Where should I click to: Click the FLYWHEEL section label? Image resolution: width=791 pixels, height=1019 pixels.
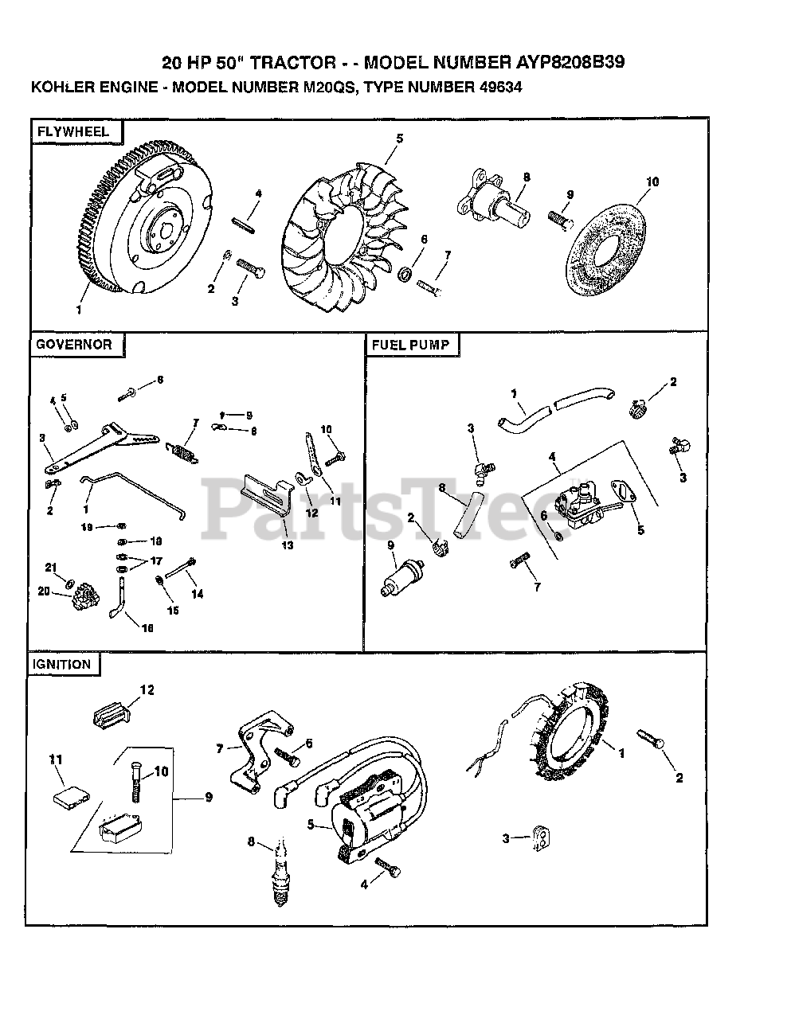(70, 132)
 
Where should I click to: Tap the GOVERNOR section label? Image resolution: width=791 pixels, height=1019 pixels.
(74, 345)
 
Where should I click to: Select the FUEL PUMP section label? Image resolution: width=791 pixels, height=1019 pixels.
(411, 345)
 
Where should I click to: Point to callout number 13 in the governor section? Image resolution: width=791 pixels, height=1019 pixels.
(287, 545)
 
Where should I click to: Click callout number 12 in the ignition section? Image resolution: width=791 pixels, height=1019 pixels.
(148, 689)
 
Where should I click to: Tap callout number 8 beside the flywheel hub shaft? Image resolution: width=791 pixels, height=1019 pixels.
(527, 177)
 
